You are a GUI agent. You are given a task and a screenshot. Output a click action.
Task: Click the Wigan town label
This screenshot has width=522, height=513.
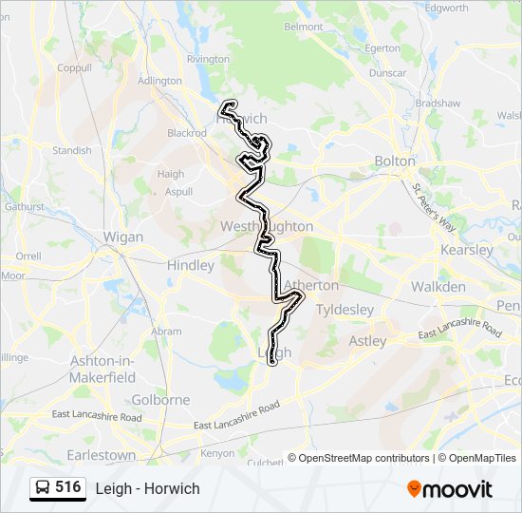point(122,237)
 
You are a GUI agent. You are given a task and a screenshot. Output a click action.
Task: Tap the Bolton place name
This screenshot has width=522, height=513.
point(395,161)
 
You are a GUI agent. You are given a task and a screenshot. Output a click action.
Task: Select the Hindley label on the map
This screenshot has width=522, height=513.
point(190,266)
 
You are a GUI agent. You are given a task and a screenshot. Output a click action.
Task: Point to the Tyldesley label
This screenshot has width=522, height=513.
point(345,310)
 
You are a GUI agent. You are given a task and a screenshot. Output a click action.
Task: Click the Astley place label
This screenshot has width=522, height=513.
point(367,340)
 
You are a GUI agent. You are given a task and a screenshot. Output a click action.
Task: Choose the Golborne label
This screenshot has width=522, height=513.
point(161,400)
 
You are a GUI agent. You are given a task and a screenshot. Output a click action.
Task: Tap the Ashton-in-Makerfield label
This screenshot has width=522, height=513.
point(103,370)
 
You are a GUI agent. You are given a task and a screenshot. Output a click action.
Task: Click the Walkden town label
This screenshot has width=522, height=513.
point(438,287)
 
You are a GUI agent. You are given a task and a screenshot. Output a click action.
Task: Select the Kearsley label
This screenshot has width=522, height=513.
point(467,250)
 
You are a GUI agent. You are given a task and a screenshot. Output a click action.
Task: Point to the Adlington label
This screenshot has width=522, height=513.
point(159,81)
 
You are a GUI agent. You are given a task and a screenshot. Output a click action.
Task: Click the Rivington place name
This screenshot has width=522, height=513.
point(208,59)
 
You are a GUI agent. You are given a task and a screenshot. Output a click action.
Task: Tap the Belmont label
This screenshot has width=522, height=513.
point(303,27)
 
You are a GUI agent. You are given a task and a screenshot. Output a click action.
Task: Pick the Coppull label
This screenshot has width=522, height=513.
point(74,67)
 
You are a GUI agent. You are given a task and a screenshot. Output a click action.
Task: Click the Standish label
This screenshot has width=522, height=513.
point(72,150)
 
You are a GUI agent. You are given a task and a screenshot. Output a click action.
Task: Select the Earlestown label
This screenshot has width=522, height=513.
point(101,455)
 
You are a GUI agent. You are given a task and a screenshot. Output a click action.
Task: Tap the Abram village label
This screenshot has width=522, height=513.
point(166,332)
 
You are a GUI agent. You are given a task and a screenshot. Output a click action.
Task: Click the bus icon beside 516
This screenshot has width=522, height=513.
point(43,488)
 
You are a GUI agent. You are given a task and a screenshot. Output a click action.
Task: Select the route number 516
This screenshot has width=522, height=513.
point(67,487)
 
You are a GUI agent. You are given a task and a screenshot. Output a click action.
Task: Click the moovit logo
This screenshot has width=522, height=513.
point(450,489)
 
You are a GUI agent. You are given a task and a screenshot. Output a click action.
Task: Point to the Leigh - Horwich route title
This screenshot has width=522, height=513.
point(147,488)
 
